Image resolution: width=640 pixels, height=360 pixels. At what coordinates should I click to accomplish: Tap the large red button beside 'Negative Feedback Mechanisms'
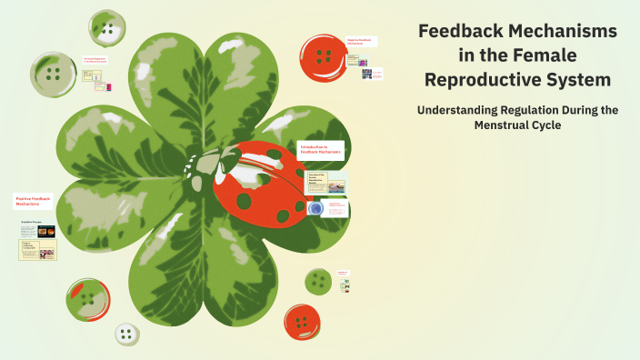coord(322,55)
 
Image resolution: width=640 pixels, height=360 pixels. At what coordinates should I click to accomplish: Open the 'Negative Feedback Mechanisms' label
coord(361,41)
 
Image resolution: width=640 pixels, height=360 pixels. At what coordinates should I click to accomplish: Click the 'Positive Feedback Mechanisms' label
coord(35,201)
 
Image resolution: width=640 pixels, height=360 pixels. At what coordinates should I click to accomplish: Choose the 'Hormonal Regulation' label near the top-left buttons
coord(96,60)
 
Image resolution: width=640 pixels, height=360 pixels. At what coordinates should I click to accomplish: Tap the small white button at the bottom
coord(127,334)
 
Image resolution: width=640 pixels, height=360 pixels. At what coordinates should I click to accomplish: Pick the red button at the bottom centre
coord(302,321)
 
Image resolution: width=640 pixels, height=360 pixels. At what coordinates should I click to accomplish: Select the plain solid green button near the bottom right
coord(317,281)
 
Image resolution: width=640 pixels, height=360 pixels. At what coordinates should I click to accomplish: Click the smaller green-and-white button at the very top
coord(108,29)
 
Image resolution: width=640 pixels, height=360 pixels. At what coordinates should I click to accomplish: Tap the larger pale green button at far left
coord(54,74)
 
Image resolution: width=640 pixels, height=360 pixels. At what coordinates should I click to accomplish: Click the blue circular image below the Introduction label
coord(315,208)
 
